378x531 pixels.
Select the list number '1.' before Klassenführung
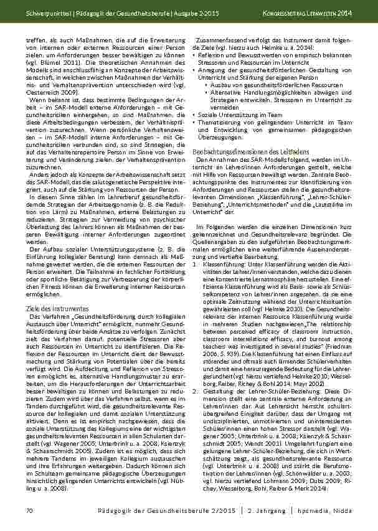196,264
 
